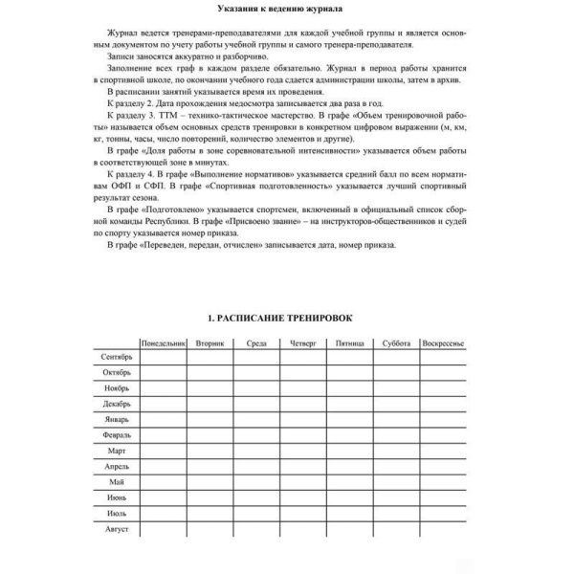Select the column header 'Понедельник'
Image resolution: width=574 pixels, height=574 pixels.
click(x=163, y=342)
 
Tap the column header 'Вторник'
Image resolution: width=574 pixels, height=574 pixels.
click(x=210, y=342)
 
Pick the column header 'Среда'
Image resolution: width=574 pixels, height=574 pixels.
click(x=256, y=342)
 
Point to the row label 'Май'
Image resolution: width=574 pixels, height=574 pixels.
click(x=118, y=481)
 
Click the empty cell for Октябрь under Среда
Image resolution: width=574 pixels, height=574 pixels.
click(x=256, y=372)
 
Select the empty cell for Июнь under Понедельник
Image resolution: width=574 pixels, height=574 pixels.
click(x=163, y=497)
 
